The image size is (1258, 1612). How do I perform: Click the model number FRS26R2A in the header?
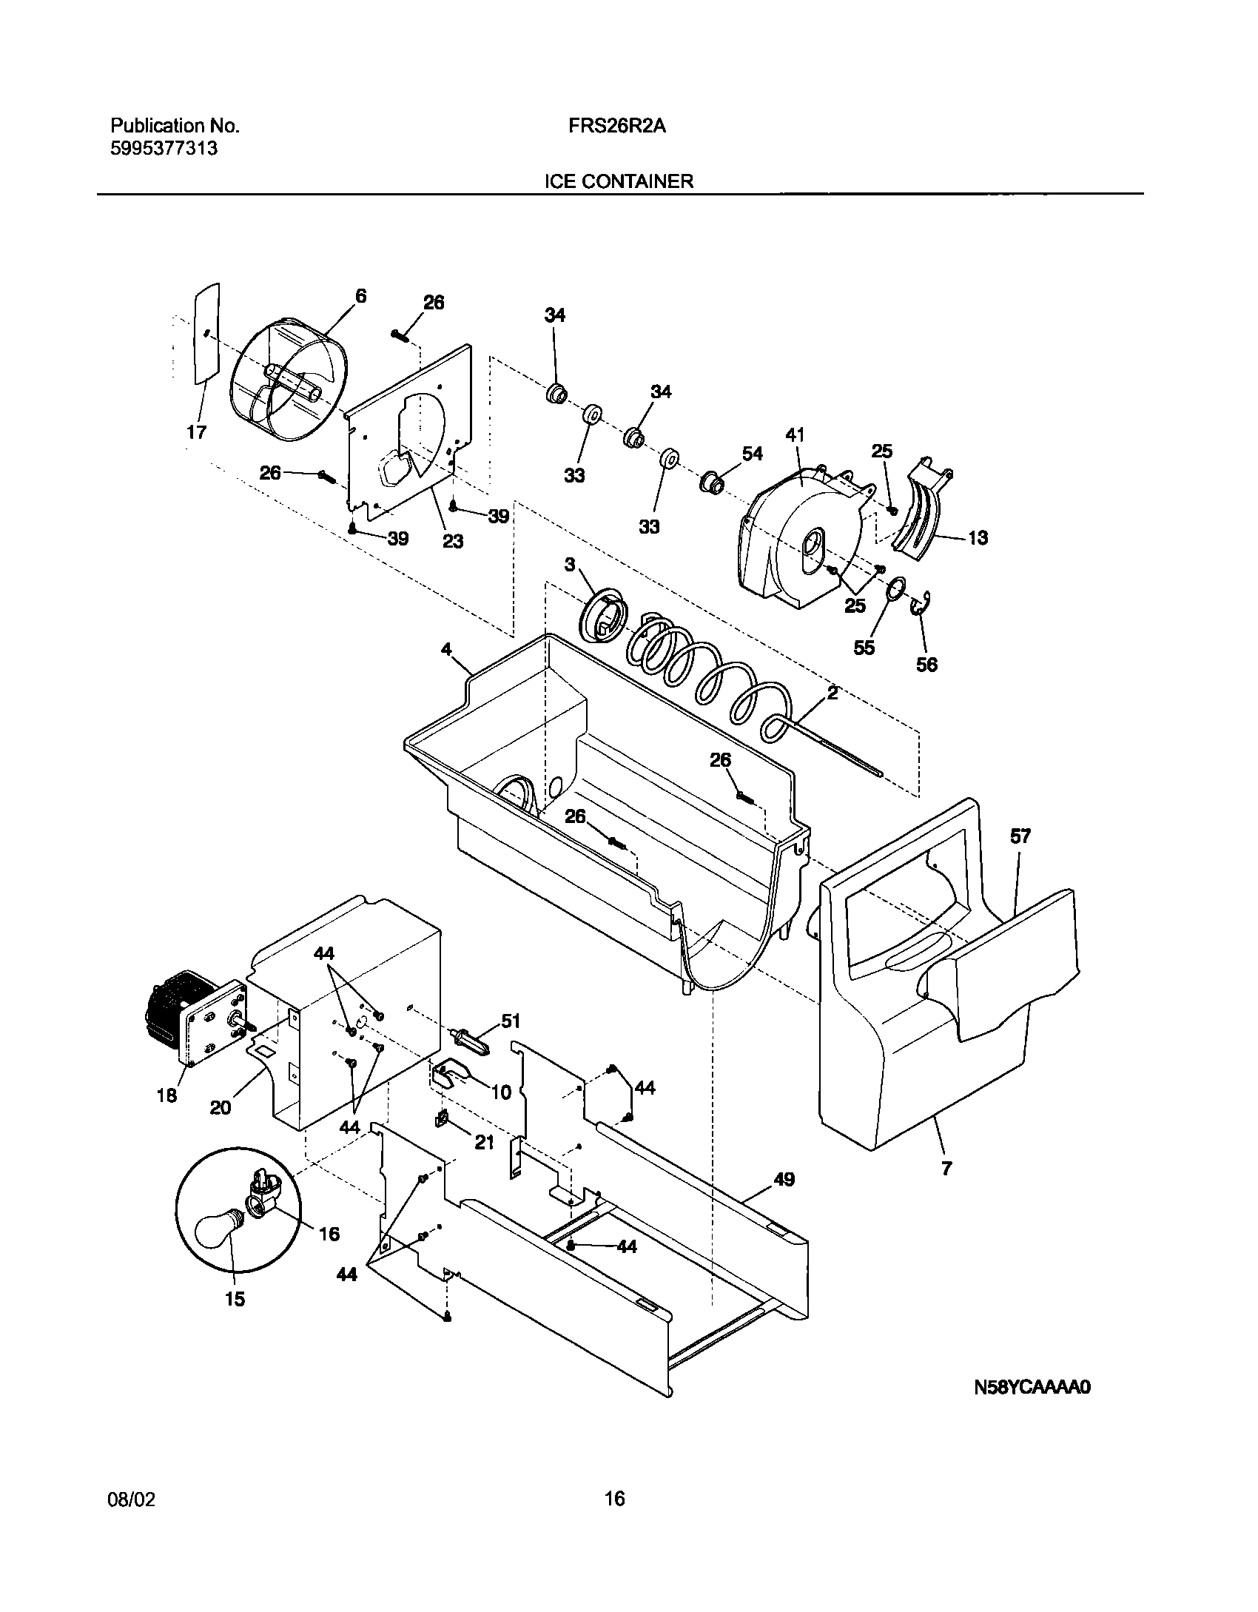coord(617,127)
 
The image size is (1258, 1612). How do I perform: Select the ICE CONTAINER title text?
coord(619,181)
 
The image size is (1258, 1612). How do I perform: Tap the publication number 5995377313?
coord(164,148)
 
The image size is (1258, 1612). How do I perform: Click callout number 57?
coord(1020,837)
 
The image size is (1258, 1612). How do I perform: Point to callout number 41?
coord(795,435)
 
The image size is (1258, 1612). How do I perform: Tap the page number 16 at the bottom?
coord(614,1499)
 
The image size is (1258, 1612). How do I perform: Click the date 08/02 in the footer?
coord(133,1500)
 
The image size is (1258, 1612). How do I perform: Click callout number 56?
coord(926,665)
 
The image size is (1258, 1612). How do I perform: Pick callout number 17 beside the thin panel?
coord(196,432)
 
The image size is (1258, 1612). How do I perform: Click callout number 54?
coord(752,454)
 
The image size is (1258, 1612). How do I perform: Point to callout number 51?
coord(511,1021)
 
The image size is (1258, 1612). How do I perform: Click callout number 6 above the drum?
coord(360,296)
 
